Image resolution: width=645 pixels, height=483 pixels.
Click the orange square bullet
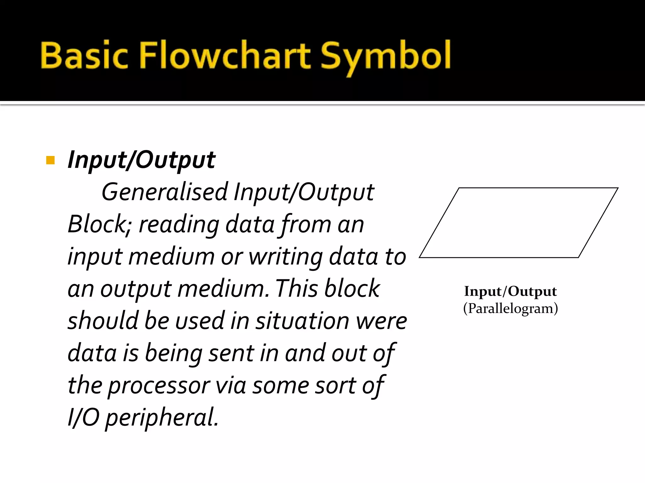pos(50,160)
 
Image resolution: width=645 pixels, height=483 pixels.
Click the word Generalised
pos(164,192)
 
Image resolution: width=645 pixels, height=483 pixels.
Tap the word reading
pos(179,225)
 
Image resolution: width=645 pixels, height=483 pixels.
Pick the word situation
pos(302,321)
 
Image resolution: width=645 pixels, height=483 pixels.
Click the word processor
pos(159,386)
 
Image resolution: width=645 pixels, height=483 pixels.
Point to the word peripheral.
pos(162,418)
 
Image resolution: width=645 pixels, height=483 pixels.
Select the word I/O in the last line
pos(83,418)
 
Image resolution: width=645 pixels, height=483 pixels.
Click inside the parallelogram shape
pos(519,223)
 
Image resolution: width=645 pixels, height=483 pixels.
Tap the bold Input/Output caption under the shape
pos(510,291)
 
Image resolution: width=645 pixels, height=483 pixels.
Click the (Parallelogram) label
pos(510,308)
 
